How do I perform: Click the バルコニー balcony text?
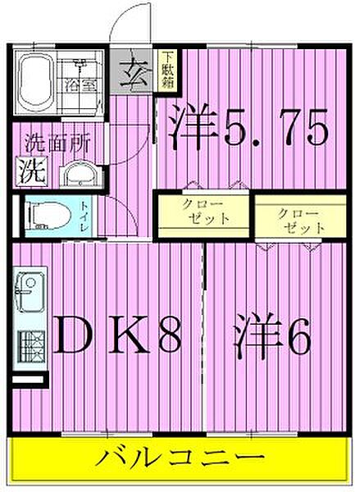click(181, 456)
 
